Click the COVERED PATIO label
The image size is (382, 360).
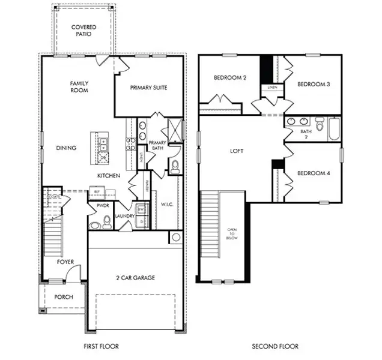(x=83, y=31)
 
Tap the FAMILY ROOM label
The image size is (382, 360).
(x=79, y=87)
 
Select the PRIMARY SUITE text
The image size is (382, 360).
(x=148, y=88)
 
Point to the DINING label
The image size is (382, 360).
(x=66, y=148)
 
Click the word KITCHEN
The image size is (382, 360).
(x=109, y=176)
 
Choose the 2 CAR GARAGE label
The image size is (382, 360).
(x=135, y=278)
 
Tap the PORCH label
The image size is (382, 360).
(x=64, y=297)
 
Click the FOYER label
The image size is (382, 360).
(x=65, y=262)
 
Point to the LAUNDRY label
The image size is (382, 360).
(x=124, y=216)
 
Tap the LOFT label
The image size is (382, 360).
(x=237, y=151)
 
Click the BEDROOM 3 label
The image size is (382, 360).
(x=314, y=85)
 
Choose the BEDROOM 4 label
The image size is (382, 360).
(x=314, y=173)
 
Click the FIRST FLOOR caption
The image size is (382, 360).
(x=101, y=346)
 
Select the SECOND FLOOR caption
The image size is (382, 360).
(x=274, y=346)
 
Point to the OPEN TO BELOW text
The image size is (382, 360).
(x=232, y=234)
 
